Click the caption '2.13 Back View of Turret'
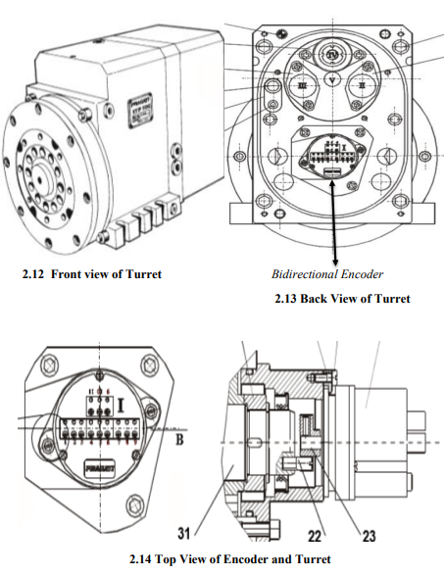tap(341, 298)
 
